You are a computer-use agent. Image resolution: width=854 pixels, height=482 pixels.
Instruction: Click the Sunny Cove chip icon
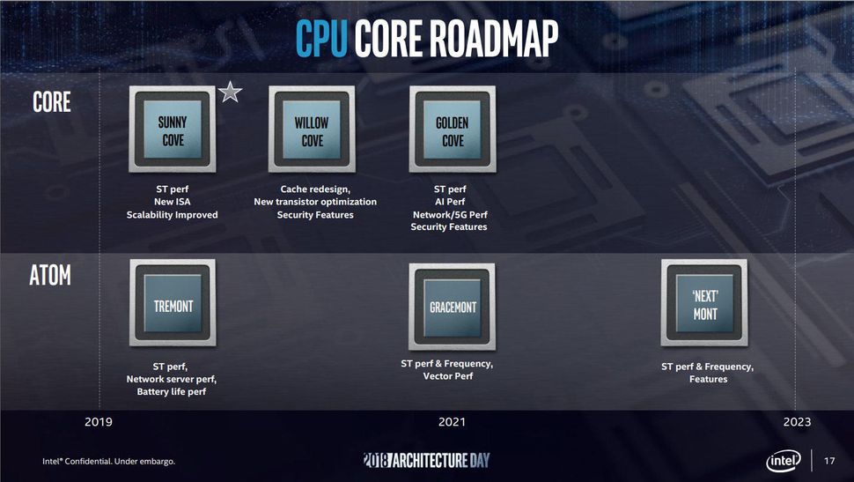pos(172,130)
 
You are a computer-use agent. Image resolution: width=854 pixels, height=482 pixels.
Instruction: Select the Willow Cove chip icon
pos(312,130)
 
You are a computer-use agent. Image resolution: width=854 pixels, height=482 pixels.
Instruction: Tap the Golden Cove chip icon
pos(453,130)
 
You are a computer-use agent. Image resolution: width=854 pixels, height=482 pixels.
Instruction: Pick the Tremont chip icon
pos(173,302)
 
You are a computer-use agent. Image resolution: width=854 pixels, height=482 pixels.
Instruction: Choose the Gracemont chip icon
pos(453,307)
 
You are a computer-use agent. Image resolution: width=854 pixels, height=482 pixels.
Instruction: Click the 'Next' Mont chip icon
pos(704,302)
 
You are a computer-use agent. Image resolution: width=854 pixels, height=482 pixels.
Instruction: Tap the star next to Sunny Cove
pos(230,93)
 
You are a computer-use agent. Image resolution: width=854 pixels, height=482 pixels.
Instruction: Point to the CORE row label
pos(52,102)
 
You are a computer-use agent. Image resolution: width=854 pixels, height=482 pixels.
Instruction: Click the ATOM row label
pos(50,275)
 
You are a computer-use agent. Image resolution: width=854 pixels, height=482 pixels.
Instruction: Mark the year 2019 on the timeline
pos(99,421)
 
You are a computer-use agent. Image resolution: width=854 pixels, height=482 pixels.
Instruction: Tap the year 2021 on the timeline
pos(452,421)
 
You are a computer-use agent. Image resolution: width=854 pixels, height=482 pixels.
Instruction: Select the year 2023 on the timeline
pos(797,421)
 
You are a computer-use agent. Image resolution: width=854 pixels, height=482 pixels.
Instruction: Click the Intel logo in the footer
pos(784,461)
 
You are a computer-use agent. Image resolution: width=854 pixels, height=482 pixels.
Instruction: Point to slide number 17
pos(829,461)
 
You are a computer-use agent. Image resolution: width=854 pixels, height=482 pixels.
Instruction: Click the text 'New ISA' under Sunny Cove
pos(172,202)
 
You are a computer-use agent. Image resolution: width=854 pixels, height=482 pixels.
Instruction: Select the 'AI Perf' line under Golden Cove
pos(450,202)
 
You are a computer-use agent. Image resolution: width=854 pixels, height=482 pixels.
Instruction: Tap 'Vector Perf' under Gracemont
pos(448,376)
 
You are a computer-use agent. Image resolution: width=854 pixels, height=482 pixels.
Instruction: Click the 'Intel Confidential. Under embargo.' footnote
pos(109,461)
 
